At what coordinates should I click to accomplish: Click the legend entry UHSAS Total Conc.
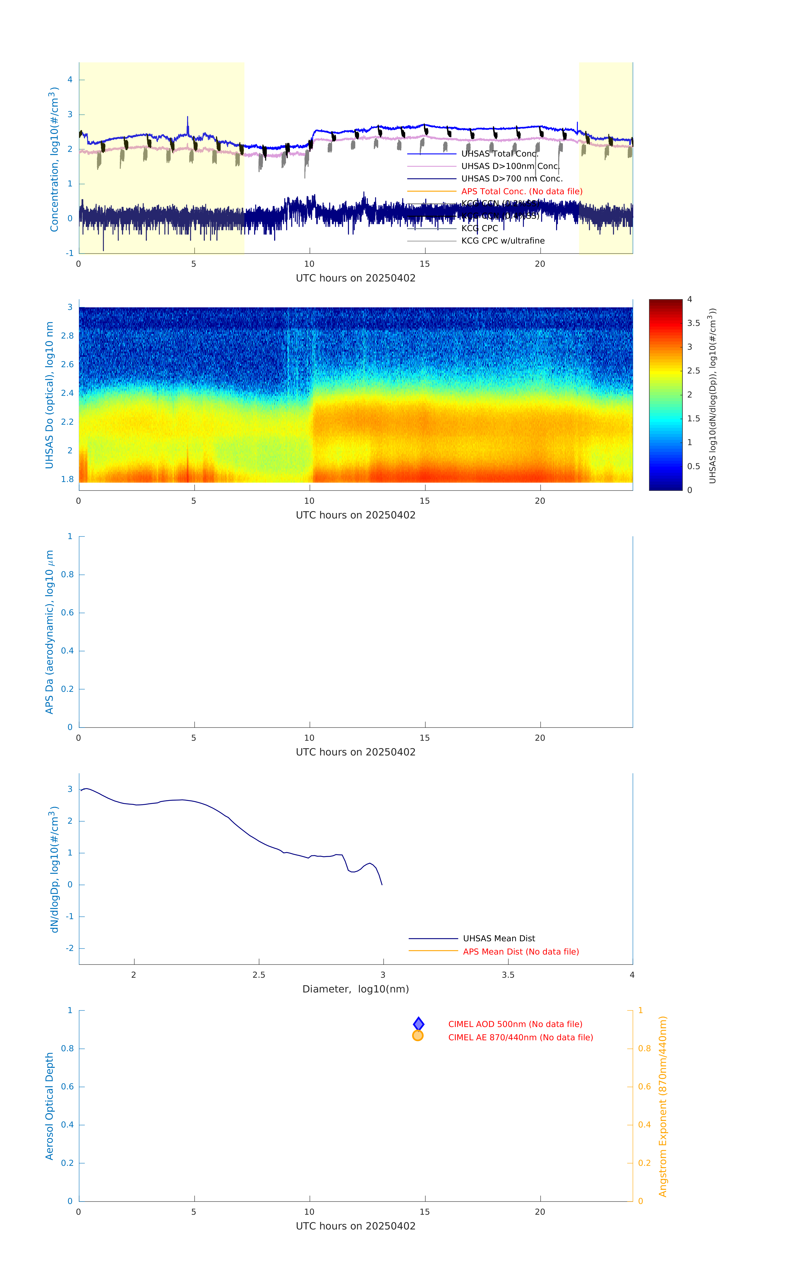pos(499,154)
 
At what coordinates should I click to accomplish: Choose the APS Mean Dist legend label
pos(520,952)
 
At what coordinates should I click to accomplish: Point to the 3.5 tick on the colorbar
pos(693,323)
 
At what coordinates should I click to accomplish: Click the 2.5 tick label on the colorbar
pos(693,371)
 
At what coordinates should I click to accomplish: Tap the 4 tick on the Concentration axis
pos(70,80)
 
